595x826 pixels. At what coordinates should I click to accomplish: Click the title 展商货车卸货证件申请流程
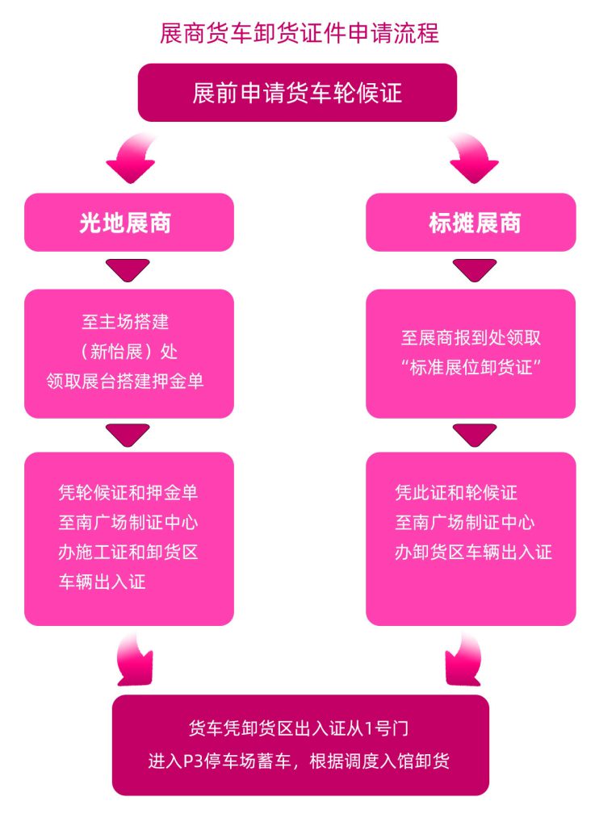point(299,32)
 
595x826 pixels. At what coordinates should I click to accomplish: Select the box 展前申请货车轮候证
point(297,93)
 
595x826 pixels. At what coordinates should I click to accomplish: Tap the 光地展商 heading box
point(129,223)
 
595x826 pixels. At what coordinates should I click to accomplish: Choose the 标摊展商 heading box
point(471,223)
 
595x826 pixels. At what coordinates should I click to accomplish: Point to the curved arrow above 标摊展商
point(472,158)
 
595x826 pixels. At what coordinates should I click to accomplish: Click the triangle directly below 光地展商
point(128,269)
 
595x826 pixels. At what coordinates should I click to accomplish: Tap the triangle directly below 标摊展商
point(475,269)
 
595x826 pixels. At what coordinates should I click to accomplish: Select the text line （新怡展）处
point(128,352)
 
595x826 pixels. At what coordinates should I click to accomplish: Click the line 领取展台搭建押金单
point(125,381)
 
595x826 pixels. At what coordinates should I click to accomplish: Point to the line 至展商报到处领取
point(471,338)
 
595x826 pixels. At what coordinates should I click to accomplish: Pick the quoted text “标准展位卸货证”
point(471,367)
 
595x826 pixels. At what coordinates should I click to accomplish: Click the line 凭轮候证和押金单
point(128,493)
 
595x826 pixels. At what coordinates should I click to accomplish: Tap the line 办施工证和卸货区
point(128,552)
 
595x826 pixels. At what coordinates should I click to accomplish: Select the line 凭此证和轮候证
point(456,493)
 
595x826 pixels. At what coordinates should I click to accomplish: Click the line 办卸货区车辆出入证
point(474,552)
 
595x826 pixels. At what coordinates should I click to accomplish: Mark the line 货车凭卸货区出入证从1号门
point(299,728)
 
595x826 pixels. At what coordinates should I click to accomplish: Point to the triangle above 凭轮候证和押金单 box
point(128,435)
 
